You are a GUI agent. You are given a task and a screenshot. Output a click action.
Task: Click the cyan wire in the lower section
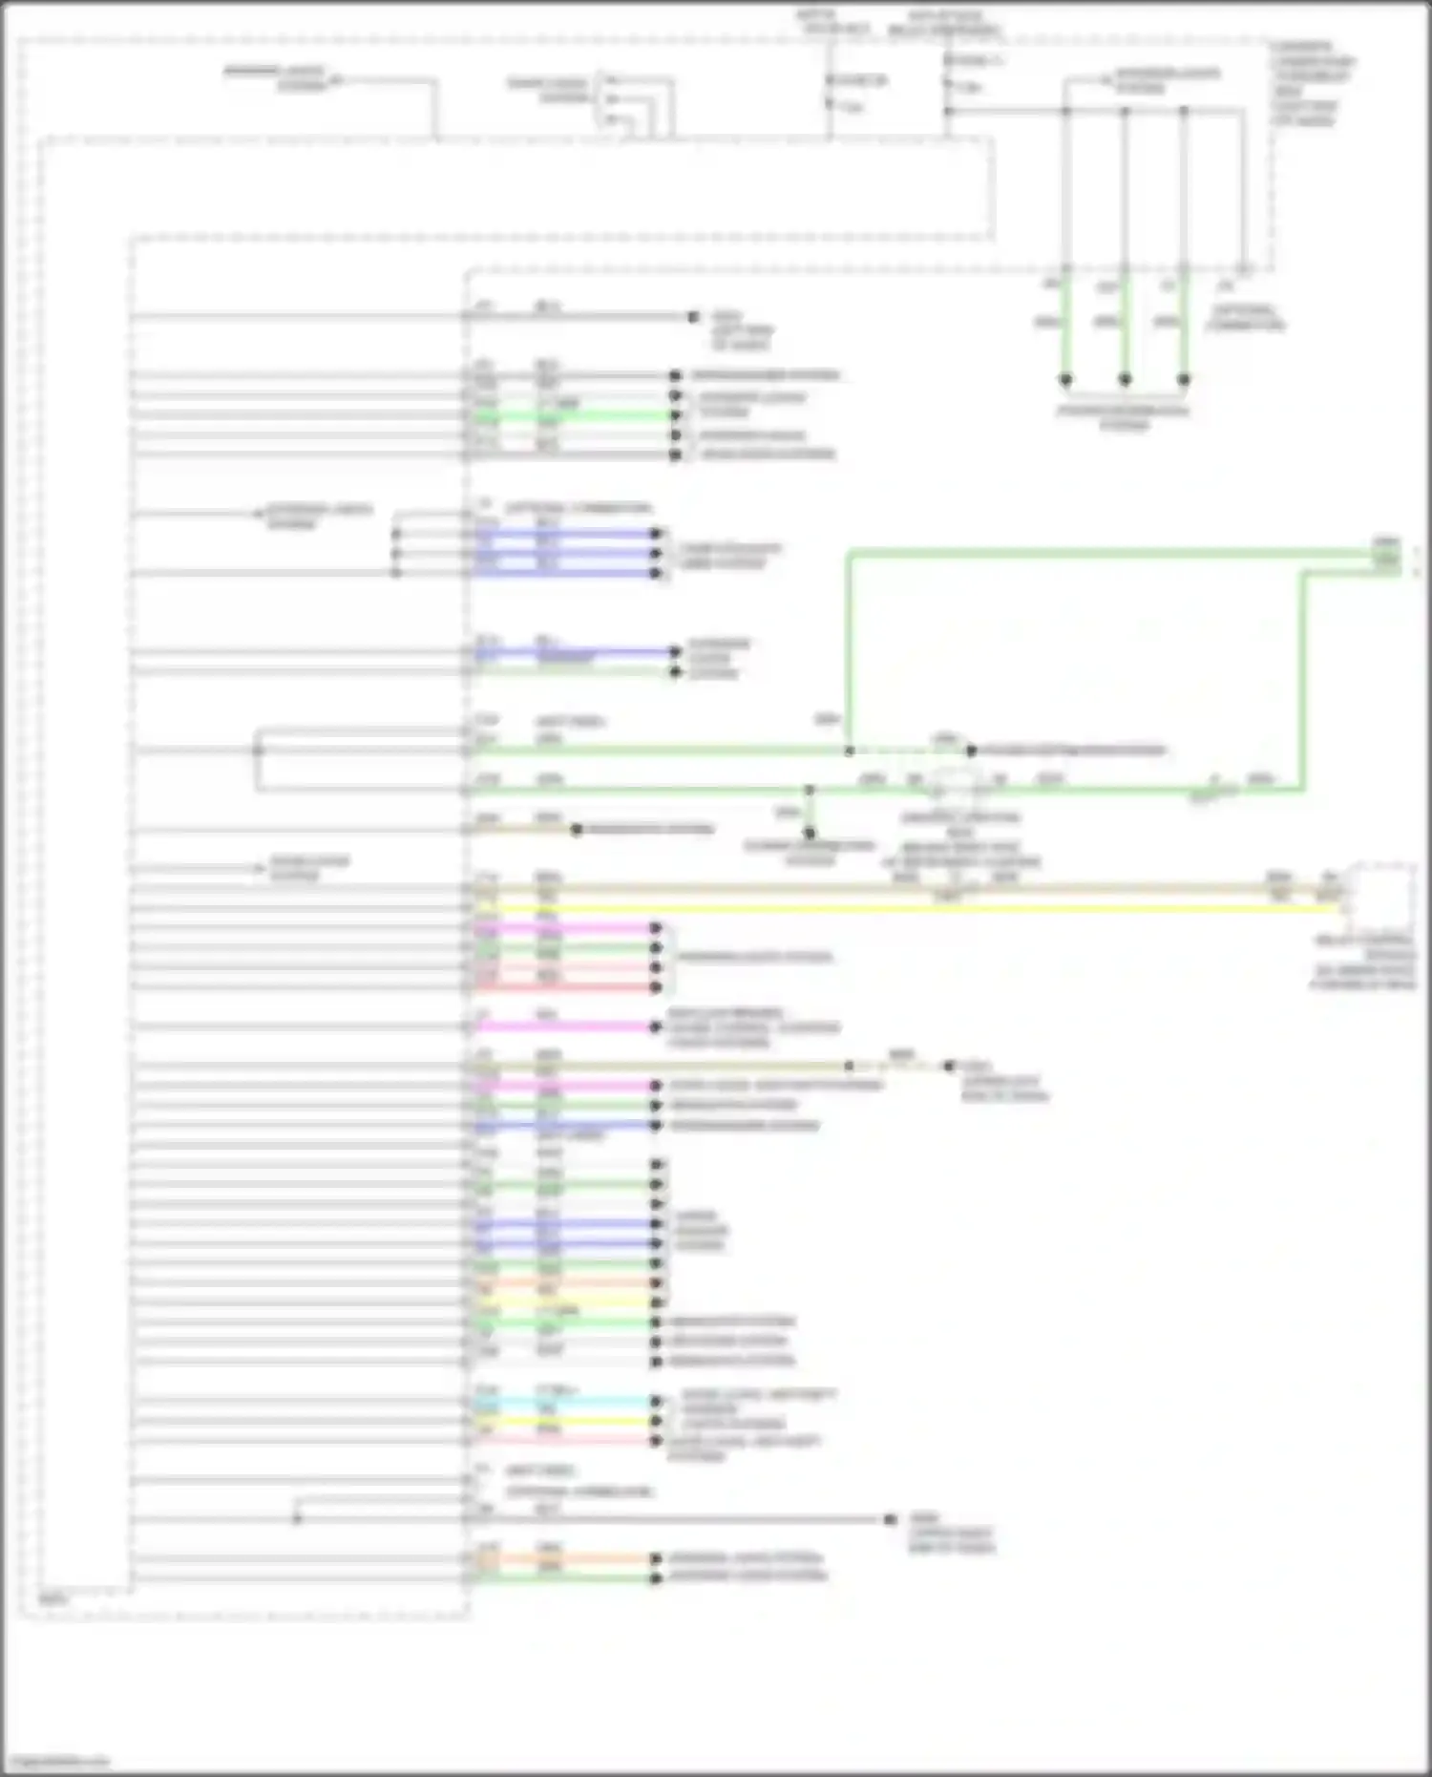click(x=563, y=1402)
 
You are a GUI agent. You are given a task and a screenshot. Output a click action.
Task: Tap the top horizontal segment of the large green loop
click(x=1098, y=552)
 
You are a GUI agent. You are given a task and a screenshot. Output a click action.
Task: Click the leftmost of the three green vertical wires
click(x=1065, y=325)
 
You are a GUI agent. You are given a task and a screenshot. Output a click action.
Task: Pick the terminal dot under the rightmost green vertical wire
click(x=1184, y=379)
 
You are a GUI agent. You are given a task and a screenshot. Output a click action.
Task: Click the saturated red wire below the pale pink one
click(x=563, y=987)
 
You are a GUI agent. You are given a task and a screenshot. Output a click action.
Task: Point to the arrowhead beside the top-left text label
click(x=336, y=80)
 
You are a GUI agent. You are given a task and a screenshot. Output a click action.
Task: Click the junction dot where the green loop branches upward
click(x=849, y=751)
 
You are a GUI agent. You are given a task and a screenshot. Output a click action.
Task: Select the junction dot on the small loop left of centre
click(x=257, y=751)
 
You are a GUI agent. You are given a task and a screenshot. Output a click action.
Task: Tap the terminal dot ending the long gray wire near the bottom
click(x=890, y=1519)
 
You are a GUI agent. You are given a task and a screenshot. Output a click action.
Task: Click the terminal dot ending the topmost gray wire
click(x=694, y=316)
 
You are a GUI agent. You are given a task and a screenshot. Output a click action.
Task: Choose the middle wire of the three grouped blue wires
click(x=563, y=554)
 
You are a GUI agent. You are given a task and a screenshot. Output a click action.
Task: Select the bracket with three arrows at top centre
click(x=612, y=99)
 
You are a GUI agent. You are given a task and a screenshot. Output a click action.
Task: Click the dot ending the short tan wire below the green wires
click(x=577, y=830)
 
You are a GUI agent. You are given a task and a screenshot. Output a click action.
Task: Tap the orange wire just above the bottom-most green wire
click(x=563, y=1559)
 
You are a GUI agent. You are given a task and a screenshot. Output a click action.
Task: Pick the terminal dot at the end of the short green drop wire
click(x=810, y=833)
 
